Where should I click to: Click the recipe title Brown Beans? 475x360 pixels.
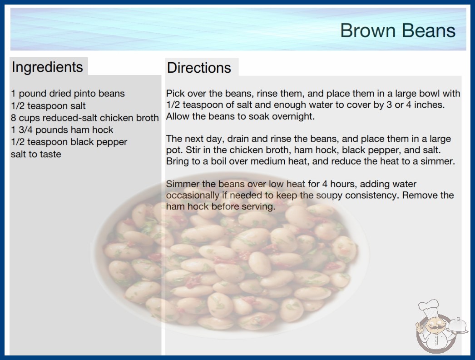[x=398, y=30]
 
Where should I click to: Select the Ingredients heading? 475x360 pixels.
[x=47, y=67]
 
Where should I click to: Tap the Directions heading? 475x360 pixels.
[x=199, y=67]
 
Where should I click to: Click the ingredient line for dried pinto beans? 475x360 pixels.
[x=68, y=94]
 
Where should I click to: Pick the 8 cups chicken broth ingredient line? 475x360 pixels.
[x=85, y=118]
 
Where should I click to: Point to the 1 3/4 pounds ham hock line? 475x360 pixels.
[x=62, y=130]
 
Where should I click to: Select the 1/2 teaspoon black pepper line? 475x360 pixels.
[x=69, y=142]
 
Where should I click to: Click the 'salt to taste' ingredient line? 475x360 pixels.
[x=36, y=154]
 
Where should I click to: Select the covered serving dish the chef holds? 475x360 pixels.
[x=457, y=325]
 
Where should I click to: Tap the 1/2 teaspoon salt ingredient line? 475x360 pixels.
[x=48, y=105]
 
